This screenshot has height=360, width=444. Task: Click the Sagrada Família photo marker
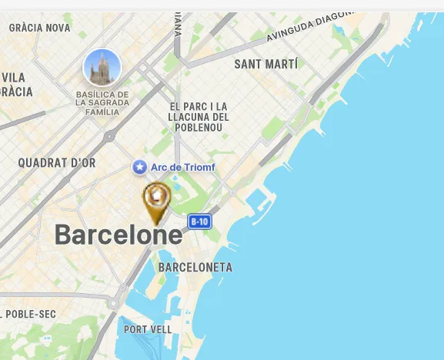tap(102, 68)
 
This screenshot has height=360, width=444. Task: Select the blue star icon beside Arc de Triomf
tap(139, 167)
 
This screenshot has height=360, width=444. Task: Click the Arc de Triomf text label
tap(182, 167)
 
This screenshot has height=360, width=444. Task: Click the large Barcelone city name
tap(119, 235)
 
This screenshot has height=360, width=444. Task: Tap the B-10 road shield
tap(199, 222)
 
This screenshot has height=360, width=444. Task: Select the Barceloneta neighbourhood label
tap(195, 268)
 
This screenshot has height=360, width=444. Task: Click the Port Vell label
tap(148, 329)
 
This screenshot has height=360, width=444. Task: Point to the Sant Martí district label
tap(265, 64)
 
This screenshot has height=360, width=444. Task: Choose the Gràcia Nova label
tap(39, 28)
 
